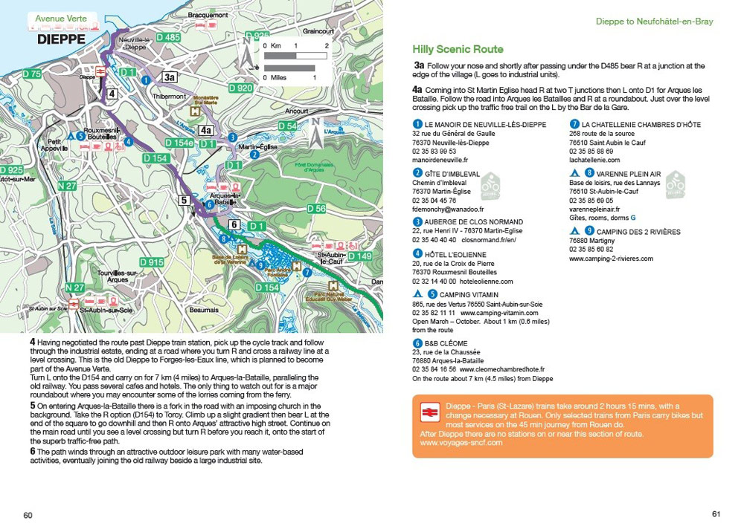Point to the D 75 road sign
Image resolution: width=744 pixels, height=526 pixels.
(x=31, y=74)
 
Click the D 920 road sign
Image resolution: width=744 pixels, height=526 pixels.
(x=240, y=88)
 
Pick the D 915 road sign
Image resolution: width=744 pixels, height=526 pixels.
(x=152, y=262)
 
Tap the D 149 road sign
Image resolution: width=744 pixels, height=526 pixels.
(x=360, y=256)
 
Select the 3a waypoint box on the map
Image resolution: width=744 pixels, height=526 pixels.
(x=170, y=77)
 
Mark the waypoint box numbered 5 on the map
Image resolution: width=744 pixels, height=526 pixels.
(x=184, y=200)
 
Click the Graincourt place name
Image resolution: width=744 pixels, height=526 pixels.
(x=318, y=31)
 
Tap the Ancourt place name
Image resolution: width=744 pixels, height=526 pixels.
(x=296, y=111)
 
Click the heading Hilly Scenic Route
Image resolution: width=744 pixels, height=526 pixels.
(x=458, y=50)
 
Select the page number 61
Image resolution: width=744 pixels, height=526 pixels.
(x=716, y=513)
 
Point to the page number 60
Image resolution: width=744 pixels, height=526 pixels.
(x=28, y=515)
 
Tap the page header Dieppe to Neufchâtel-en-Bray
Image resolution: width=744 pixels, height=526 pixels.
(x=654, y=22)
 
